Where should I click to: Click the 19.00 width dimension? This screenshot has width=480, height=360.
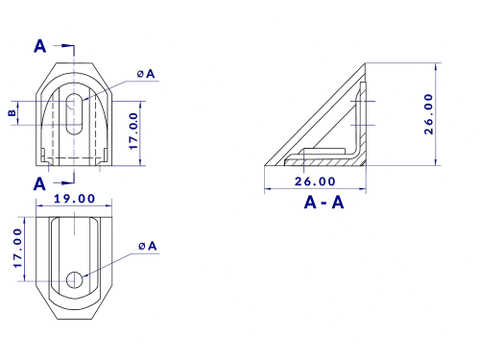[74, 199]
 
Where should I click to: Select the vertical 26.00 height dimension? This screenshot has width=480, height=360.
[428, 114]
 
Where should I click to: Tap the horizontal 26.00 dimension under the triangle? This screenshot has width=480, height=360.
[315, 181]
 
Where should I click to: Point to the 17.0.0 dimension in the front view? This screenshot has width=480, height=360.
[133, 131]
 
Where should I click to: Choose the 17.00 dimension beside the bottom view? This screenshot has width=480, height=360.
[18, 248]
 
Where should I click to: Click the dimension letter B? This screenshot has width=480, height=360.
[12, 112]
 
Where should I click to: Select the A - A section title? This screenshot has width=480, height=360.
[324, 203]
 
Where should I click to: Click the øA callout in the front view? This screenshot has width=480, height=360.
[146, 74]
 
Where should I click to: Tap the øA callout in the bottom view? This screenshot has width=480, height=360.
[148, 246]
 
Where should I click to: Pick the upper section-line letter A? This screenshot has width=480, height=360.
[40, 46]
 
